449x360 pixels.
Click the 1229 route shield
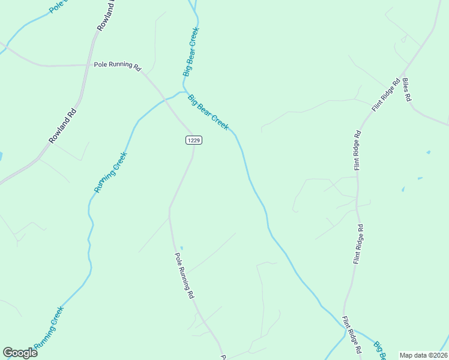193,140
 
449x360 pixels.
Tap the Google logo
20,353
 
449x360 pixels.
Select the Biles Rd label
407,89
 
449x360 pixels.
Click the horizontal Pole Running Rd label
116,65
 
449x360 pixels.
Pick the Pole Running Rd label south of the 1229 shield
184,275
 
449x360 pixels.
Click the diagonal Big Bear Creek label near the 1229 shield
208,112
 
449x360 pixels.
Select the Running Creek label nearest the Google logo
49,327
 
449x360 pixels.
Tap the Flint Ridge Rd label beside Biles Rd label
385,95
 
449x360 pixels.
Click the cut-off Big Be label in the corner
380,350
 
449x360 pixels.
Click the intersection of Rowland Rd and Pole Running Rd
88,65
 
